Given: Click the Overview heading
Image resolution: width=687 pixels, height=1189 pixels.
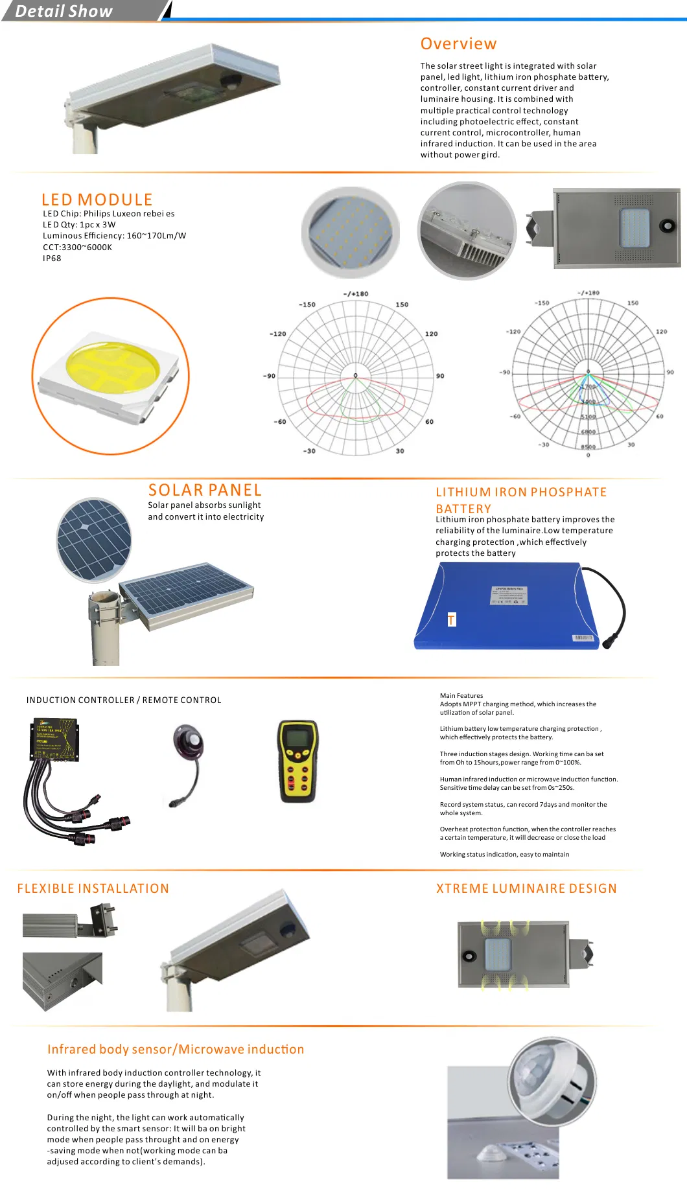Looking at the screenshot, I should pos(458,44).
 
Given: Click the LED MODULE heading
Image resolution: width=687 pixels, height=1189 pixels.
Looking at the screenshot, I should pos(97,200).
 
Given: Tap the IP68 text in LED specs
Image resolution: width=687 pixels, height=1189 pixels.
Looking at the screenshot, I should pos(52,259).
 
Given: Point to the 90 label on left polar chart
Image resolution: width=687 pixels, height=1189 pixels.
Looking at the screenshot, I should pos(440,376).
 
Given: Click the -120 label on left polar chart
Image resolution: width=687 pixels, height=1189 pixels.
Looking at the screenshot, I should pos(277,334).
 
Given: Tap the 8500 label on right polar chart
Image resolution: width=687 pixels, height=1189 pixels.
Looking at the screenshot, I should pos(588,447).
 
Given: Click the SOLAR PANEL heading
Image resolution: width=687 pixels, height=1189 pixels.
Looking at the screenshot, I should pos(205,491).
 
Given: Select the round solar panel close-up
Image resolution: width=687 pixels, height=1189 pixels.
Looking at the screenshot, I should pos(94,540).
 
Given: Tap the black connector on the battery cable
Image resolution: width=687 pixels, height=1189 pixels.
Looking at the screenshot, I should pos(610,643).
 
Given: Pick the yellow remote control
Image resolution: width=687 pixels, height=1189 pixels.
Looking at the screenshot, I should pos(297,761).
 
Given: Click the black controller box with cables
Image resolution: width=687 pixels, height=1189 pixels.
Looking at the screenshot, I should pos(54,739).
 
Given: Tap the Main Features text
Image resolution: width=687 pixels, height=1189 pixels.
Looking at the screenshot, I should pos(461,696).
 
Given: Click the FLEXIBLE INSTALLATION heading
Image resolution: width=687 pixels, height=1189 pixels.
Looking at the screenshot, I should pos(93,888).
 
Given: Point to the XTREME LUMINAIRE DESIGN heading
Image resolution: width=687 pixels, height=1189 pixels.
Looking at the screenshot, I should pos(526,888).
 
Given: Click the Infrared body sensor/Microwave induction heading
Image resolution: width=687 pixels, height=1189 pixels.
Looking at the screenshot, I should pos(176,1049).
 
